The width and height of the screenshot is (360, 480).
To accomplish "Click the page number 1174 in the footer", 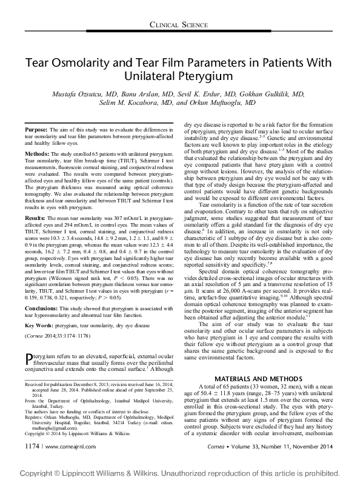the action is coord(31,462).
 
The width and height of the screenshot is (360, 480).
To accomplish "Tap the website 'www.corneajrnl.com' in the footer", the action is coord(62,462).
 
